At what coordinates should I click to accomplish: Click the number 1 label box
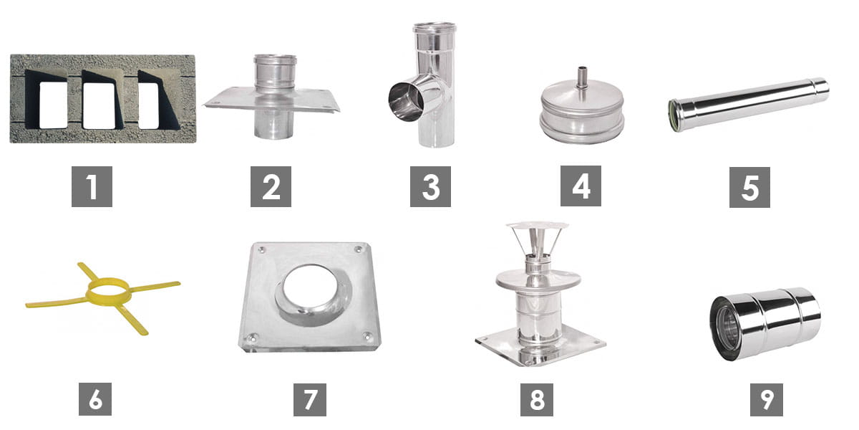point(92,186)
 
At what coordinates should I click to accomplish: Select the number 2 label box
point(271,186)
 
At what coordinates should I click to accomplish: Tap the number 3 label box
point(430,186)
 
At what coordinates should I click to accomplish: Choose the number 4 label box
point(581,186)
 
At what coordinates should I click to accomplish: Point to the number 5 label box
point(749,187)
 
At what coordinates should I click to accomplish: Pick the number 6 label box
point(95,399)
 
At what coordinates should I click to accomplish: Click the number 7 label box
point(310,400)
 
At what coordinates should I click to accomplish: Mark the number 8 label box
point(537,400)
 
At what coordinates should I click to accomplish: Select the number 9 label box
point(767,400)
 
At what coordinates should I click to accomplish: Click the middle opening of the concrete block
point(99,106)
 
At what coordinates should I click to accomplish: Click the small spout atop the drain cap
point(582,78)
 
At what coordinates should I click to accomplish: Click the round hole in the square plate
point(311,288)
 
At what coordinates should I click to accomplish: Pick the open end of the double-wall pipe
point(724,329)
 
